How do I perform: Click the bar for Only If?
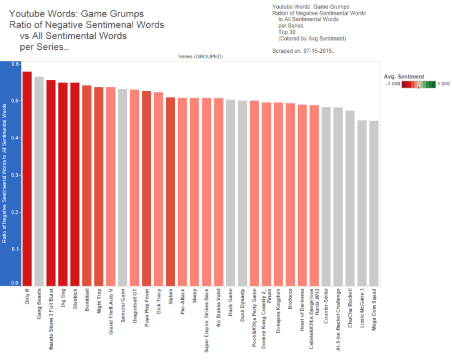[x=27, y=178]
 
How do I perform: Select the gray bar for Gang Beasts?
[x=39, y=181]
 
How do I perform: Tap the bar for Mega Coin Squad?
[x=374, y=203]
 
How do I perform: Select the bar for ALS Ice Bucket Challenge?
[x=338, y=197]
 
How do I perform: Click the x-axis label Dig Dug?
[x=63, y=301]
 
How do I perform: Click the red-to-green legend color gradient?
[x=419, y=85]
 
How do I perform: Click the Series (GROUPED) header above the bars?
[x=201, y=57]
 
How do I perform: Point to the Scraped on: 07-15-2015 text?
[x=303, y=51]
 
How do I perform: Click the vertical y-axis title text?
[x=5, y=175]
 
